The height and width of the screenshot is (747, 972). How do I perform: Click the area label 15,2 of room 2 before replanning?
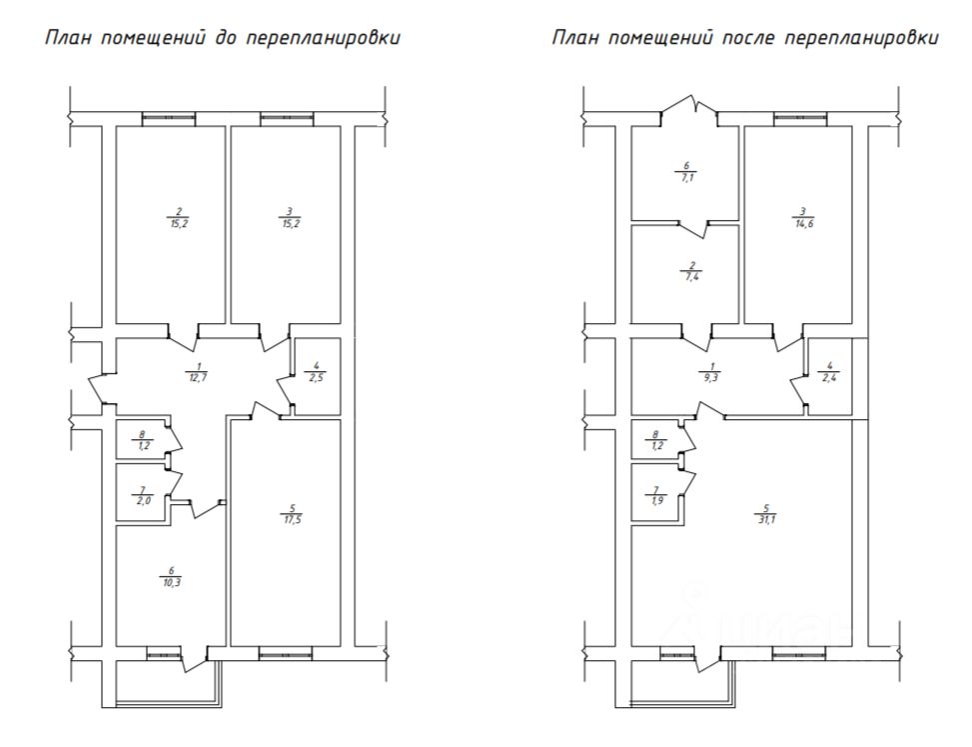(x=177, y=222)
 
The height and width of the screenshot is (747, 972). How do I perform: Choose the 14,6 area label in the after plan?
(x=802, y=222)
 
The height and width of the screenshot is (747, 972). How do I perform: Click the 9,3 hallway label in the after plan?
(x=710, y=376)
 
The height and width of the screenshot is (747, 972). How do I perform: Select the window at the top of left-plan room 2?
(x=169, y=119)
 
